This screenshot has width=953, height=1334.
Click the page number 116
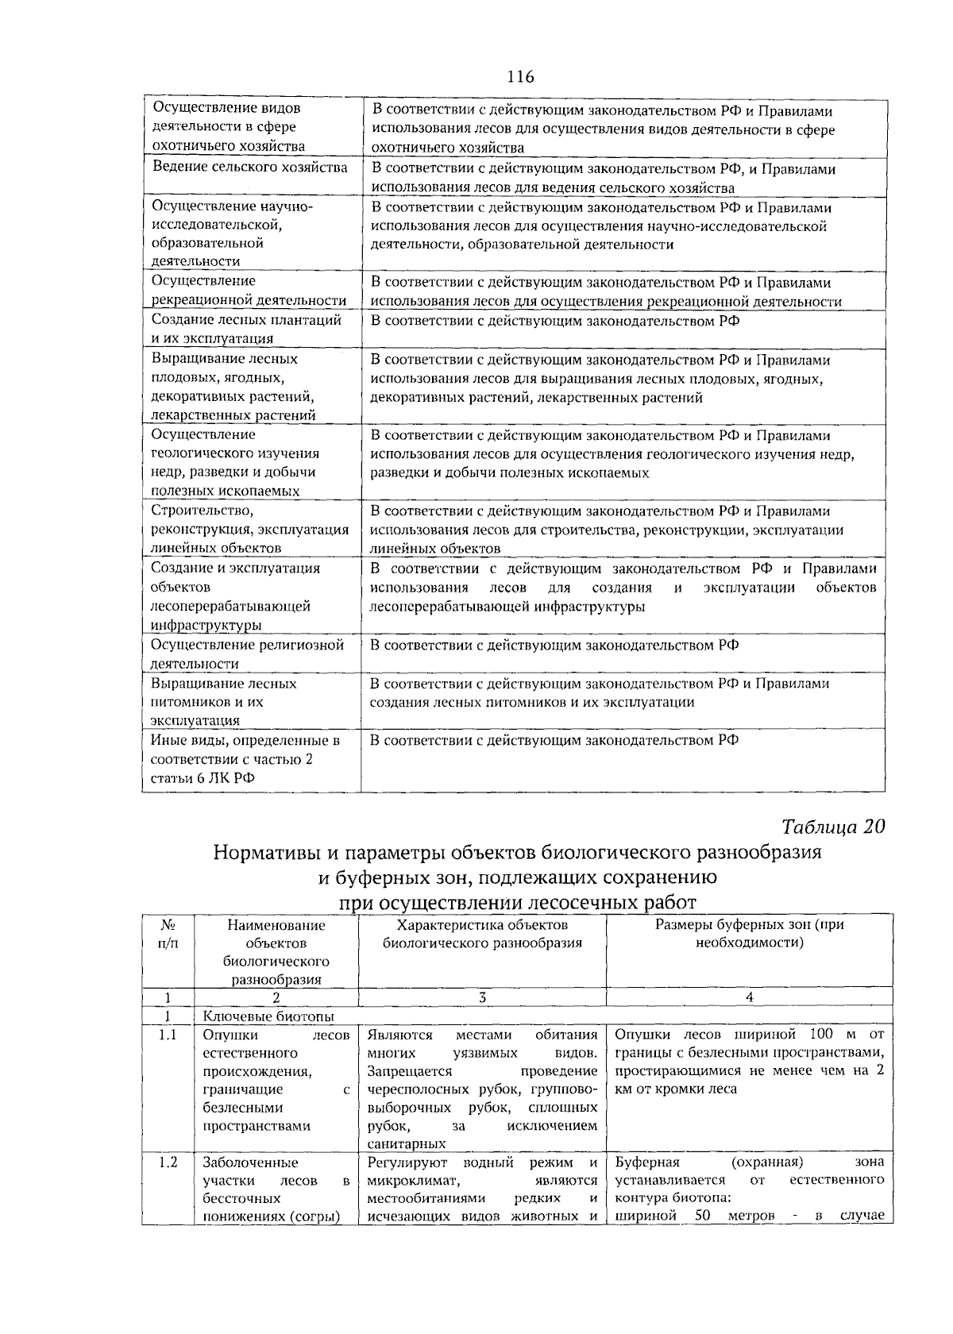(520, 77)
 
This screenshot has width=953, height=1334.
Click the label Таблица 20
(832, 827)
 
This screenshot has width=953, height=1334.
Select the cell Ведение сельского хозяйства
(249, 168)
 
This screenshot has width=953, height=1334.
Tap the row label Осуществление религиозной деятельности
(247, 654)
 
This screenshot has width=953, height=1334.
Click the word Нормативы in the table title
(267, 854)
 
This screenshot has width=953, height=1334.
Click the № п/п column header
(168, 934)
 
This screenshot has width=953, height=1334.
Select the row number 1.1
(168, 1035)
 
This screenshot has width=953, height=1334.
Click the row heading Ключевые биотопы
(268, 1016)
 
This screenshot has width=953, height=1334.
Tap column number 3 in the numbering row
(481, 997)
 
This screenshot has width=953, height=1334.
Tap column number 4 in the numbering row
(749, 997)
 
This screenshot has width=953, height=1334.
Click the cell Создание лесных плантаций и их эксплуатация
(246, 330)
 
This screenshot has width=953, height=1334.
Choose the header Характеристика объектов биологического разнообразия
(482, 934)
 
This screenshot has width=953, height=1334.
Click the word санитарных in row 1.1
(406, 1144)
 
